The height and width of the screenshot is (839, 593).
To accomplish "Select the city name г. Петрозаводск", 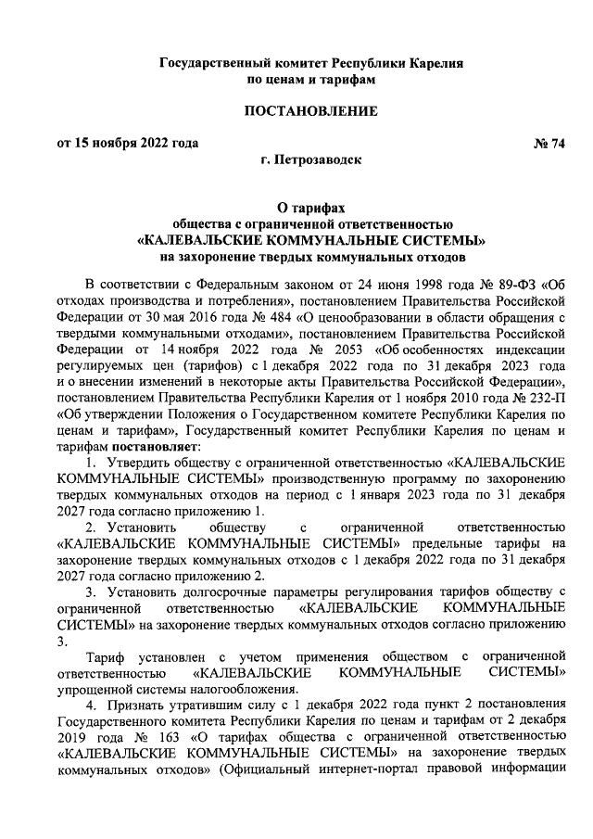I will tap(311, 159).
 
